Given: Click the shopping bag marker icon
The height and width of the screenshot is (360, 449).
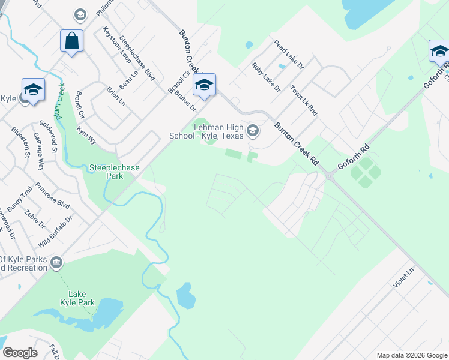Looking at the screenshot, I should coord(71,41).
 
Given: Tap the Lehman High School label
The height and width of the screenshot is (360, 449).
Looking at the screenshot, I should coord(218,131).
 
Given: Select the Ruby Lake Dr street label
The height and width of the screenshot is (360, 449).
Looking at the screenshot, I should coord(266,76).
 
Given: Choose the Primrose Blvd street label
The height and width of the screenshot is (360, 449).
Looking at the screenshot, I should coord(52,196).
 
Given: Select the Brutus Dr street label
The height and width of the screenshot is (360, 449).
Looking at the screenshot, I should coord(184,100).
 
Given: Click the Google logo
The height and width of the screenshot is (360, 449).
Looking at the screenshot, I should coord(20,353).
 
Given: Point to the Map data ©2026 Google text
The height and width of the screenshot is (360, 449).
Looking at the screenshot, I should coord(412,355).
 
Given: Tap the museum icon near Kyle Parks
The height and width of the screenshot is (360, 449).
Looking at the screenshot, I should coord(56,262).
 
